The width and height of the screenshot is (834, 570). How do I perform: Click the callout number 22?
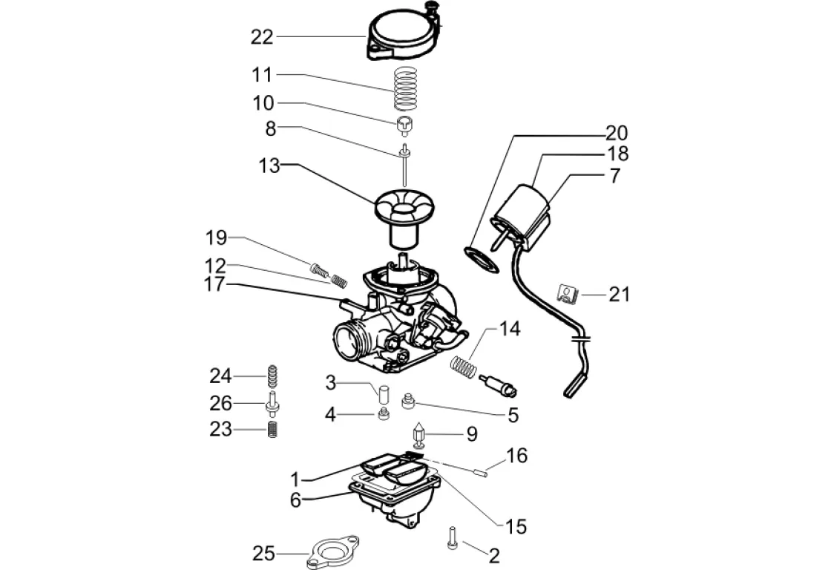[262, 36]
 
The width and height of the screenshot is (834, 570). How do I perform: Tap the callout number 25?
[264, 554]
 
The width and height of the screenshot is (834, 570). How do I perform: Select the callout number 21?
[619, 295]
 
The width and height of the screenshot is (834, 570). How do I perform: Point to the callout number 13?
[269, 166]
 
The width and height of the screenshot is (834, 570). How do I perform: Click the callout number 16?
[516, 456]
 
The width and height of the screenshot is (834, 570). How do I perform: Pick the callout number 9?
[473, 434]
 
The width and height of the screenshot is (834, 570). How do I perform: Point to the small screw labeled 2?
[452, 538]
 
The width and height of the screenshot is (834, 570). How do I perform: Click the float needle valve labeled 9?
[418, 435]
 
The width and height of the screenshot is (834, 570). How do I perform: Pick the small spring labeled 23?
[272, 429]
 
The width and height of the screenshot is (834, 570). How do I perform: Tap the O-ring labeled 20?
[483, 260]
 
